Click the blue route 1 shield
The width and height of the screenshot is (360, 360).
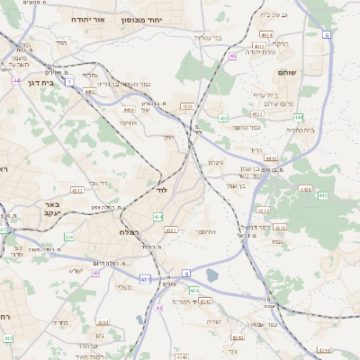click(x=64, y=82)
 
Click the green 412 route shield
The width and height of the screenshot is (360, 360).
click(x=8, y=338)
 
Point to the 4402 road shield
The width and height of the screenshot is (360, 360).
click(x=90, y=90)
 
